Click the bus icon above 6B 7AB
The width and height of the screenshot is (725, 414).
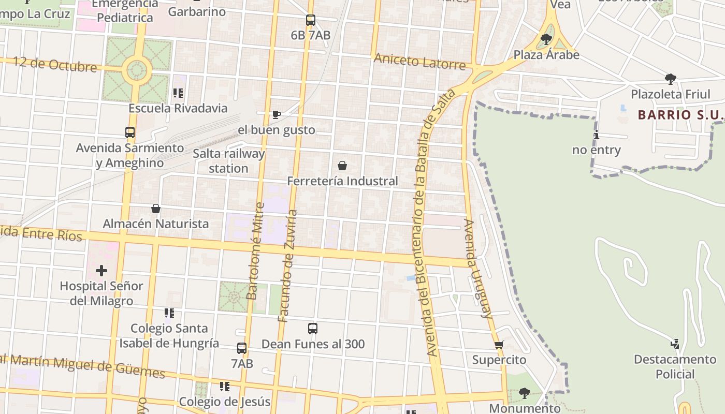point(310,20)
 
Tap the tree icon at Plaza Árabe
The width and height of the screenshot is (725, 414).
point(546,39)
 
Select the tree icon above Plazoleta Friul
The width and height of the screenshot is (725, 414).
point(671,79)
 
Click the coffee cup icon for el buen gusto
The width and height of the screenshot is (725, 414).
point(277,114)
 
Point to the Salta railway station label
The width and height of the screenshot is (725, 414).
point(228,161)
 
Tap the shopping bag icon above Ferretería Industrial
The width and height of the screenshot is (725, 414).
point(342,166)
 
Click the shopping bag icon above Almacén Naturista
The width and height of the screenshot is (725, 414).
point(155,209)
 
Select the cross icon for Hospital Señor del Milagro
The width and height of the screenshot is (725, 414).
point(102,270)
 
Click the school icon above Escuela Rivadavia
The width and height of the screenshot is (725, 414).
point(178,93)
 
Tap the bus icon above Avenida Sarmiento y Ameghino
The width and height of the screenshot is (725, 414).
point(130,132)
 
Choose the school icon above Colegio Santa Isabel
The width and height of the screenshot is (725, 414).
point(169,313)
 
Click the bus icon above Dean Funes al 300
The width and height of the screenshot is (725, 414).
point(312,329)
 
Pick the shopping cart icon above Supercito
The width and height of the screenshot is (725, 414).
point(499,345)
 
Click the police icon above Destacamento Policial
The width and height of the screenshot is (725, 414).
point(675,344)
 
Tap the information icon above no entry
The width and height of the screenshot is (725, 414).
point(597,135)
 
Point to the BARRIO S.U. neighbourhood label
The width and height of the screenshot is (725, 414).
point(680,114)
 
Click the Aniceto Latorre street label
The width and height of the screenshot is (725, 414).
point(419,61)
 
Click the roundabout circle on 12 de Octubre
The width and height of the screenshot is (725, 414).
point(137,70)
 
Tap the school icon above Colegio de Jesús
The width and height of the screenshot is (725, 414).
point(224,387)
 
